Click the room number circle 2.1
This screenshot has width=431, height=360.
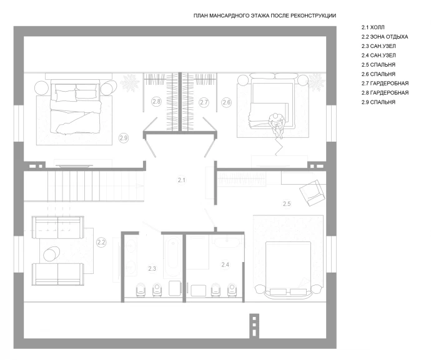(181, 180)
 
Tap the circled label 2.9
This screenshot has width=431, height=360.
(124, 138)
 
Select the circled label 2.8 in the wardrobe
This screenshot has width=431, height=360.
(156, 102)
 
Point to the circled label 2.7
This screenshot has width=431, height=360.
(204, 102)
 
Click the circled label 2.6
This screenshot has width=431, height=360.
(227, 102)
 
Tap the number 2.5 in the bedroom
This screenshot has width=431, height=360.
(287, 204)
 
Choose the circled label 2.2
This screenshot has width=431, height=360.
(101, 243)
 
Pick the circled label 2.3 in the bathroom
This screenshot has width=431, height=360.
(152, 268)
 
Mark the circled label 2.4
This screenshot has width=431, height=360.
(225, 265)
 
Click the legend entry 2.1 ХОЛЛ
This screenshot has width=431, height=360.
(373, 27)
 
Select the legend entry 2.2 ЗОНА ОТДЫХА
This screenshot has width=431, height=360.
(385, 37)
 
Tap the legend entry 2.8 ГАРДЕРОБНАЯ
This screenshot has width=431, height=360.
(385, 93)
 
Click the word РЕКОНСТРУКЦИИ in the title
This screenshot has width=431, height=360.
(313, 16)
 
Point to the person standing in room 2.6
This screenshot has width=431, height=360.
(277, 124)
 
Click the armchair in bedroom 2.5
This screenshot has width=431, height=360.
(312, 193)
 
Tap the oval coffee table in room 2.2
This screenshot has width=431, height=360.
(52, 253)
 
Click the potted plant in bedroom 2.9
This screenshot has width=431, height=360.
(129, 82)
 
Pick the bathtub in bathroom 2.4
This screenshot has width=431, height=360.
(227, 241)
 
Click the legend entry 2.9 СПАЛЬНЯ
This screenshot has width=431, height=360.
(379, 102)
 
